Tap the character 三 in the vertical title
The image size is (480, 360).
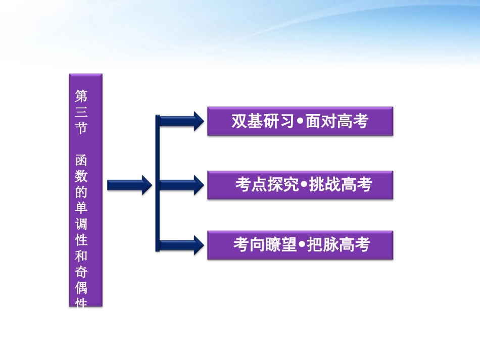[81, 112]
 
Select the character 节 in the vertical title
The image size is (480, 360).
[81, 128]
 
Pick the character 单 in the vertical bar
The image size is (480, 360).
[81, 209]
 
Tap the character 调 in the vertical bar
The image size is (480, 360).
[81, 224]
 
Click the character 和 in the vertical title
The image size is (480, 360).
[81, 256]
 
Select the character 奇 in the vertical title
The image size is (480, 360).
[81, 272]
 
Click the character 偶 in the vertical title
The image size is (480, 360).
[81, 288]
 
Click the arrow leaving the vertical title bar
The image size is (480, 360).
[129, 185]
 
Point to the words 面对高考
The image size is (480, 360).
[337, 122]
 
